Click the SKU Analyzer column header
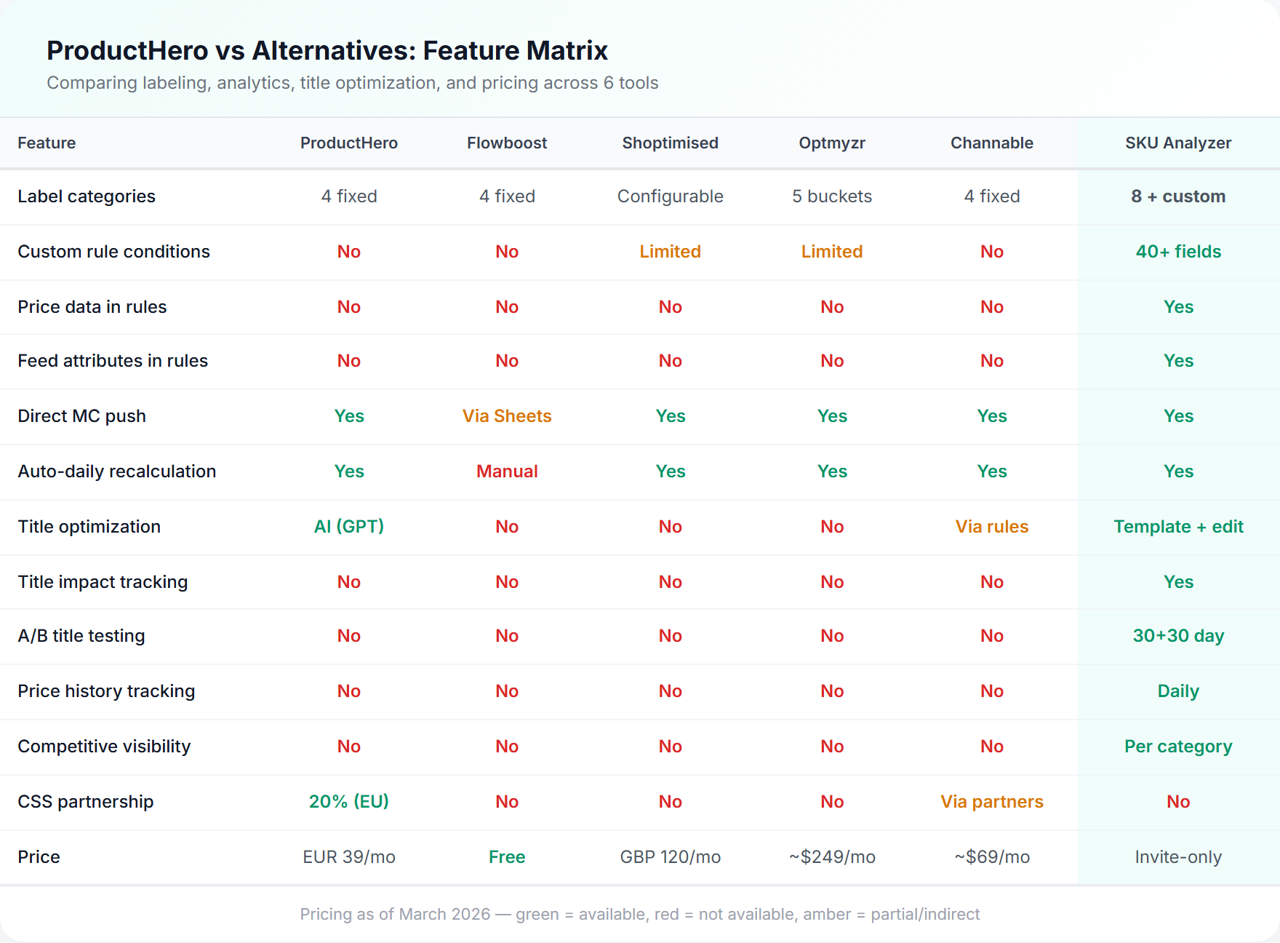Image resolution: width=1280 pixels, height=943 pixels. [1178, 143]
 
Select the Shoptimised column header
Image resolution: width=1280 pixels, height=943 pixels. [670, 143]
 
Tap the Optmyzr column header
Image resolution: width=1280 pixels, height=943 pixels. [832, 143]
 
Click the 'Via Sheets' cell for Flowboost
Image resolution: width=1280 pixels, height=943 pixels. [507, 416]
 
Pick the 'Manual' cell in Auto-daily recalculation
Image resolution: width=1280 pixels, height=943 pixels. [507, 471]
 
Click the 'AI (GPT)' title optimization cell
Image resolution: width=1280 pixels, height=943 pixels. [349, 527]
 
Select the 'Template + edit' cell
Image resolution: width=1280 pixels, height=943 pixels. [1178, 527]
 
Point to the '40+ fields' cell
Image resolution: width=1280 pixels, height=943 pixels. [1178, 252]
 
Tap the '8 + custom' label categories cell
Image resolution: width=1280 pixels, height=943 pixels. [1178, 196]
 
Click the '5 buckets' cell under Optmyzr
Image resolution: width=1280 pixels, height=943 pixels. [832, 196]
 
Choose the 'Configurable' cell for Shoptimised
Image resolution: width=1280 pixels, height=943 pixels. [670, 196]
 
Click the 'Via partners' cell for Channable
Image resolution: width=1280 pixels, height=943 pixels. [992, 802]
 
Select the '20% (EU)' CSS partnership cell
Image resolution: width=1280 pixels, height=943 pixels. [349, 802]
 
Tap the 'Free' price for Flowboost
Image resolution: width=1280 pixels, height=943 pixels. [507, 857]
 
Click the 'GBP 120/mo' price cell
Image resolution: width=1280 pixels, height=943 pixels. [670, 857]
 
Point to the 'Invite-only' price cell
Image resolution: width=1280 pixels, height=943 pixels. [1178, 857]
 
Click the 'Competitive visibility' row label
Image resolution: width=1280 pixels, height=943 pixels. [104, 747]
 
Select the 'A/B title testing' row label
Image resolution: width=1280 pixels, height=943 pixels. [81, 636]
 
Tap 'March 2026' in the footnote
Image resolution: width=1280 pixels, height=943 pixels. [444, 915]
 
